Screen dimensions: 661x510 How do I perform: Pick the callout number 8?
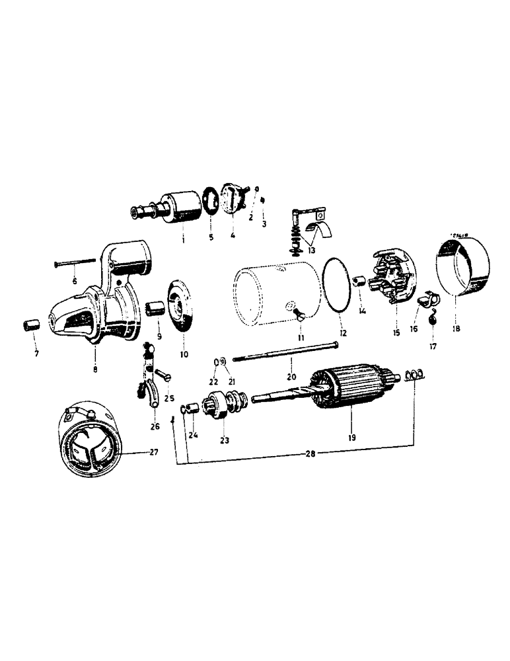pos(96,369)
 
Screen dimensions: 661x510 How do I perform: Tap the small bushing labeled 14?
pos(361,283)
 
